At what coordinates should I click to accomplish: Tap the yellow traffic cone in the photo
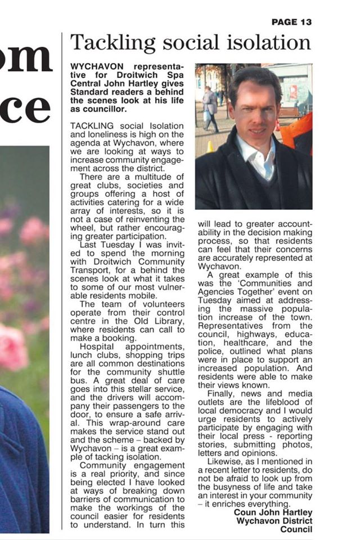tap(210, 147)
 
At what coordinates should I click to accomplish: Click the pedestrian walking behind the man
tap(209, 107)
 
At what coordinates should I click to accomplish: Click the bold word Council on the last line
tap(296, 529)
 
